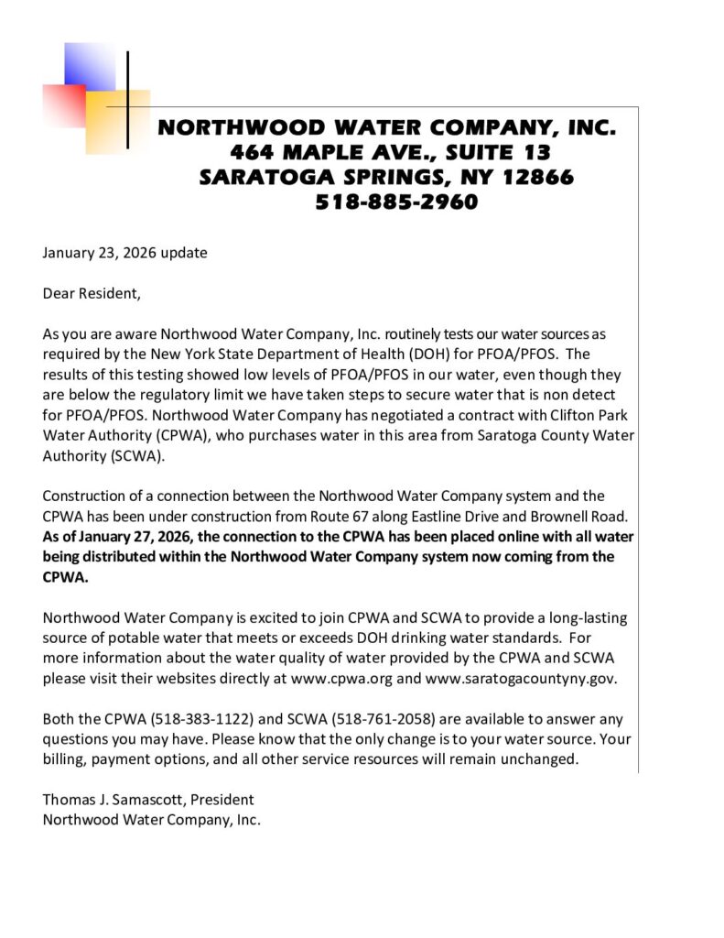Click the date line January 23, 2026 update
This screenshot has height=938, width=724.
click(124, 253)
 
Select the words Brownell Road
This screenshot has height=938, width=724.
click(559, 516)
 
